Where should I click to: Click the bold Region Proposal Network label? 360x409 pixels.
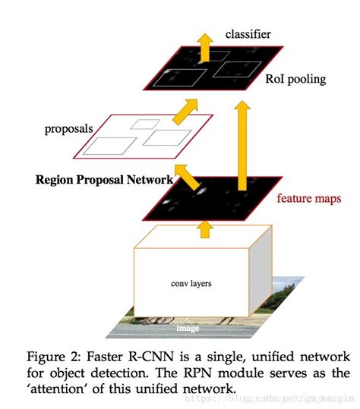[103, 180]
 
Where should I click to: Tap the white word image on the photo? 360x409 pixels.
[188, 328]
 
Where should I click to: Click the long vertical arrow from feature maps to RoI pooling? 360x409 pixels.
[243, 144]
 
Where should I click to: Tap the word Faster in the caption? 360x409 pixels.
[135, 357]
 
